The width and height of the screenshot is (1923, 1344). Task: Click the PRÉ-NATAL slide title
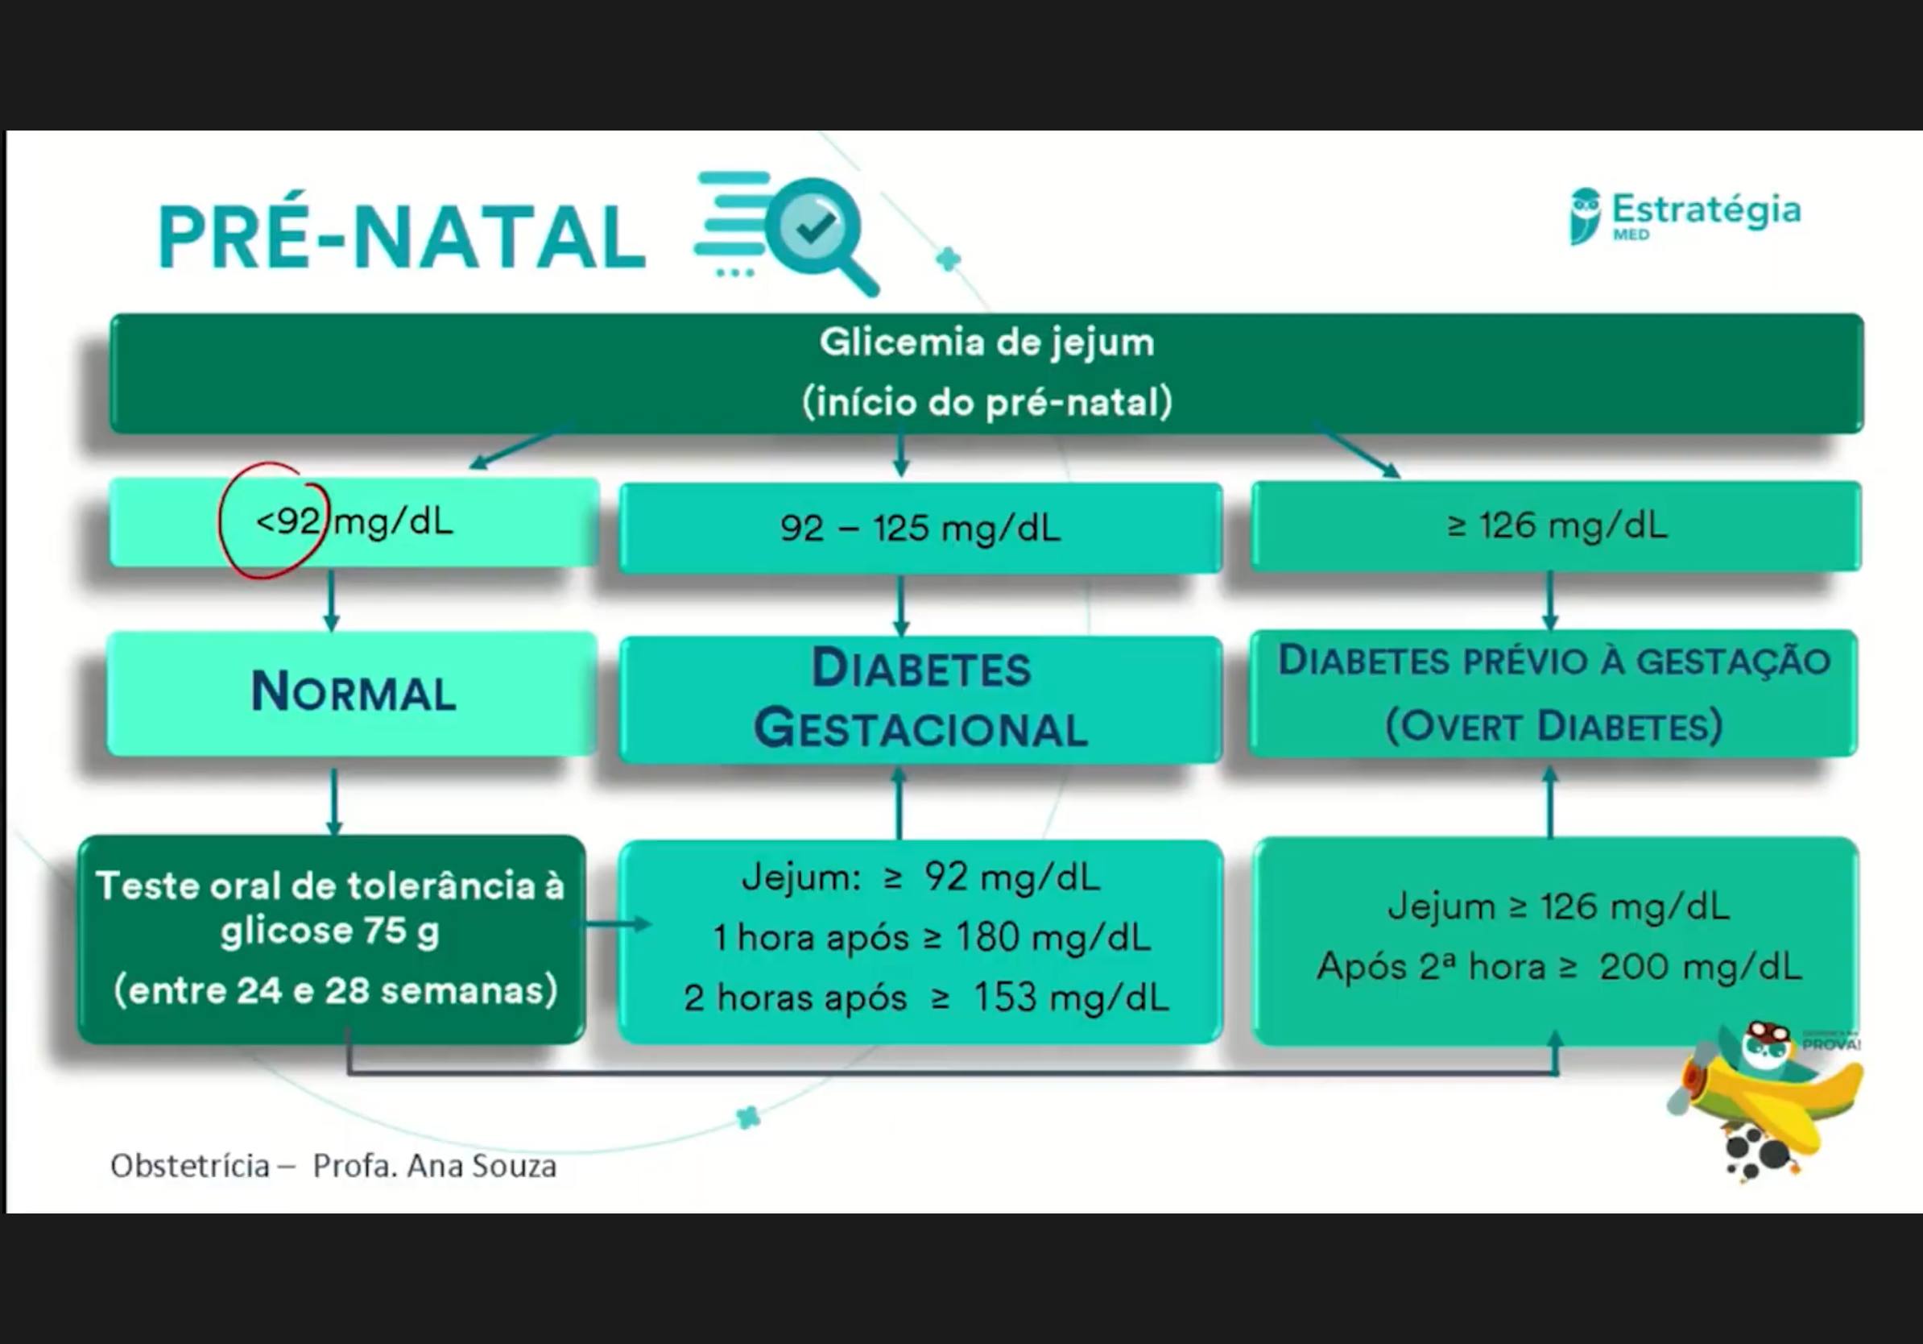point(402,238)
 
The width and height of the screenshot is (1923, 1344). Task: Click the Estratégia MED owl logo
point(1585,216)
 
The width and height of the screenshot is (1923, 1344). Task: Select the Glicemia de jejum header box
point(986,373)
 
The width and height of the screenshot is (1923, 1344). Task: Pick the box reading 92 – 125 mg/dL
point(920,529)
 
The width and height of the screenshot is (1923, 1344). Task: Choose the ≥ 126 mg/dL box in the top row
point(1556,526)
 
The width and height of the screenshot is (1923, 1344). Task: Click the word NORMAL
point(354,693)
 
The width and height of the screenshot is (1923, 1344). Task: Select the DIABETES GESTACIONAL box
point(920,699)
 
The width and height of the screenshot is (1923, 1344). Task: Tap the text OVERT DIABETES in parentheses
point(1554,726)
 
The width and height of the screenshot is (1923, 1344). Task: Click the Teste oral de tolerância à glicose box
point(332,939)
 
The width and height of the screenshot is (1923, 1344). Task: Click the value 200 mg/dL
point(1699,967)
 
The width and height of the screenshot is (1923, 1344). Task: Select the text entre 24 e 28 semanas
point(335,991)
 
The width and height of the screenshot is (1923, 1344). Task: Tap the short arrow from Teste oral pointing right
point(615,924)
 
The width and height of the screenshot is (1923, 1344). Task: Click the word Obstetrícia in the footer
point(190,1167)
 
